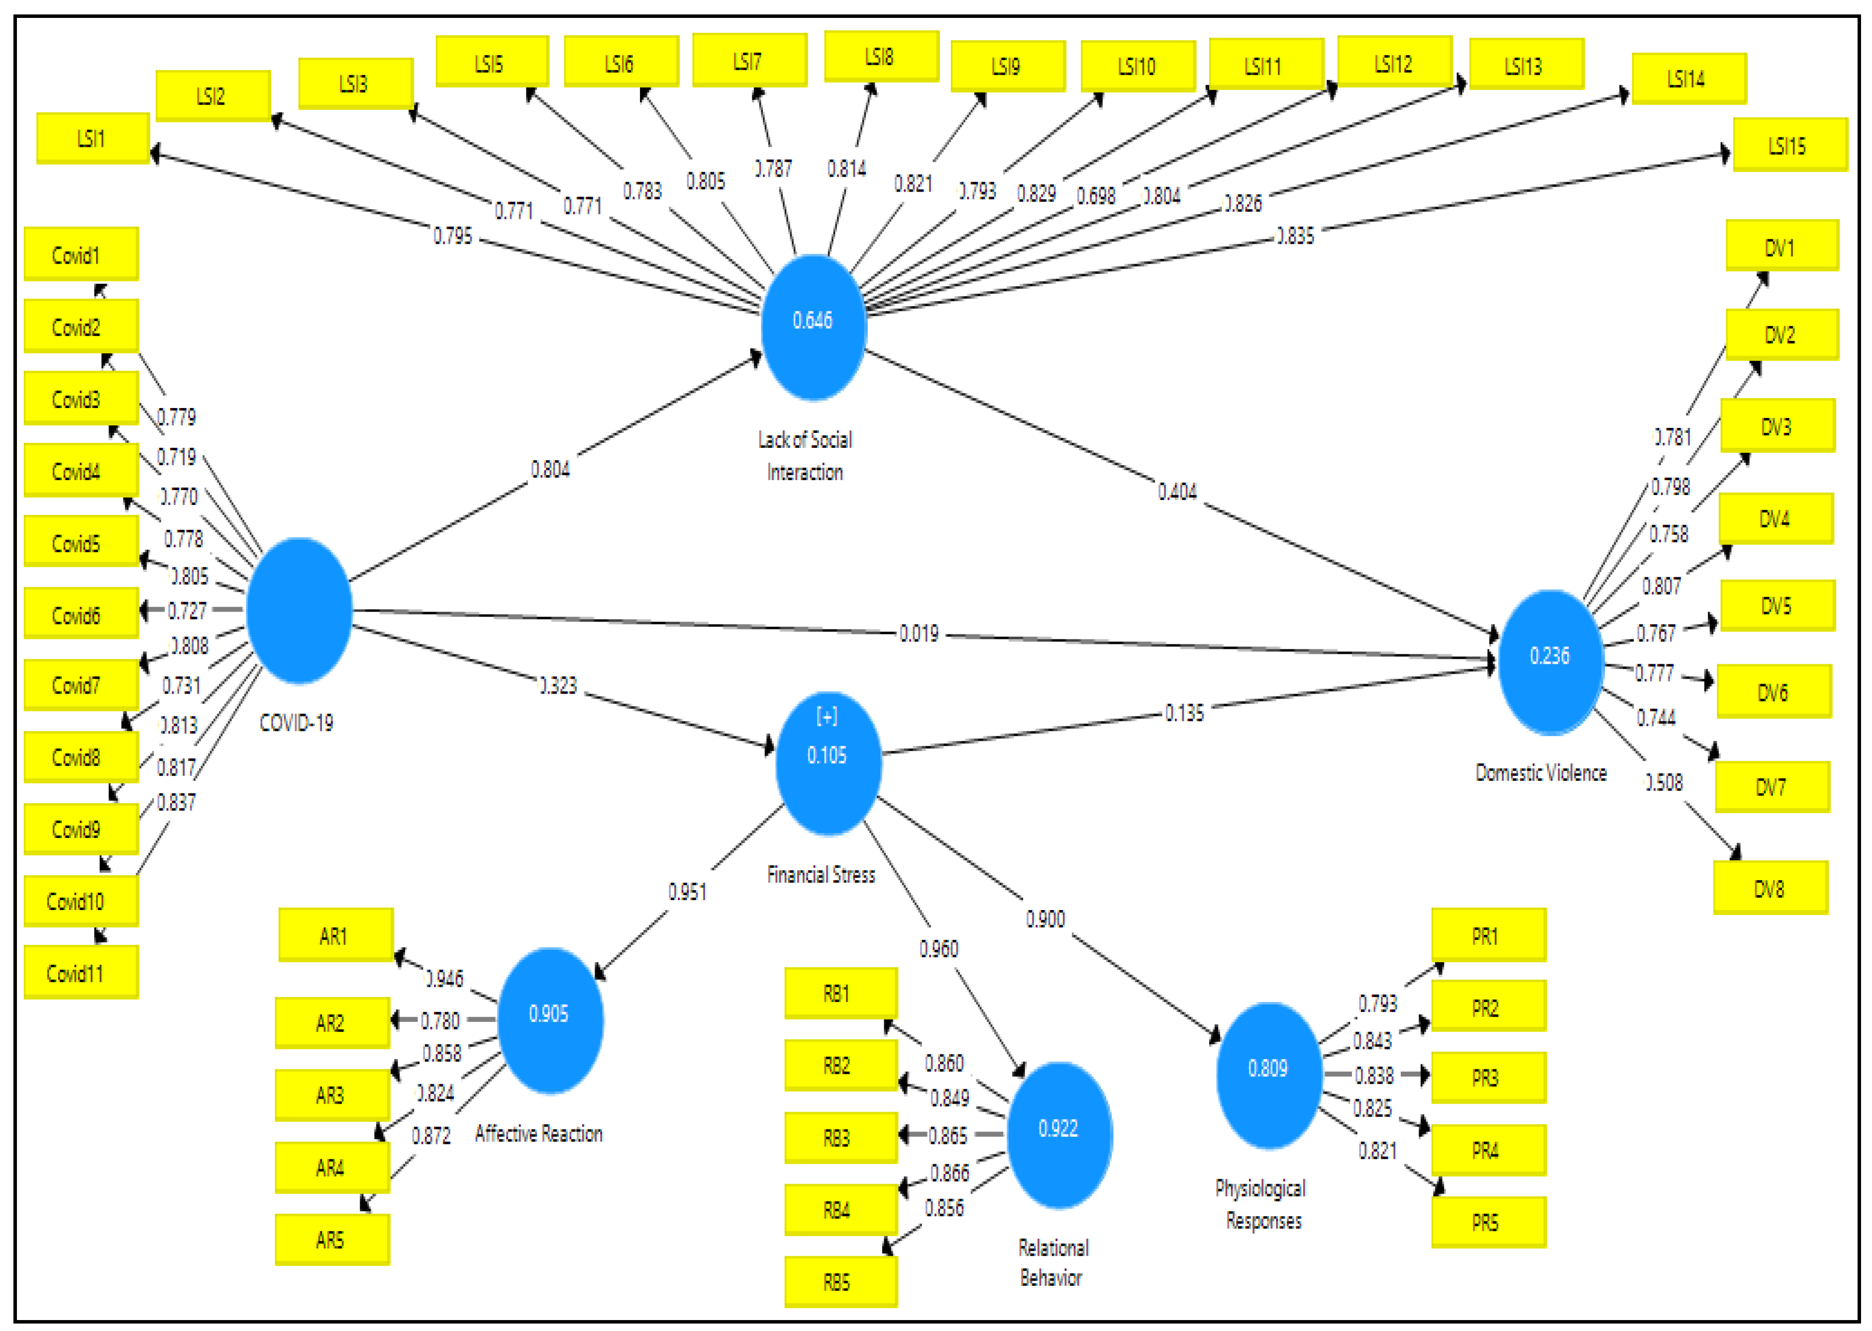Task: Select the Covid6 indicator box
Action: (x=80, y=614)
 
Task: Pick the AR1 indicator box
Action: (x=335, y=935)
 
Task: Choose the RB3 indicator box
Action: (x=840, y=1137)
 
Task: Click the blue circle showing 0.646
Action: (x=813, y=326)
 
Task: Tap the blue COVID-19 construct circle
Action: (x=299, y=611)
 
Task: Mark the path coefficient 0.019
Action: (x=919, y=633)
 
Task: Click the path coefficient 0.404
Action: (x=1177, y=492)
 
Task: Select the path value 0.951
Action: (x=687, y=892)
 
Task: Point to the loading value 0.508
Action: (x=1664, y=783)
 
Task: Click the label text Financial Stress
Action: (x=821, y=875)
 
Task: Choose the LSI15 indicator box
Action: (x=1789, y=145)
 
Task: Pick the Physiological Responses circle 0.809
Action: (x=1268, y=1074)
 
